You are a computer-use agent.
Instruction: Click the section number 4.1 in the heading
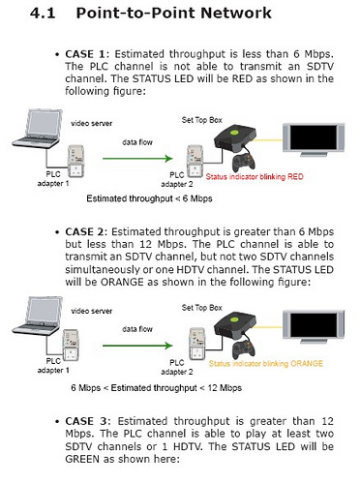pos(43,14)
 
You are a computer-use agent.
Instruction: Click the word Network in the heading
pos(236,14)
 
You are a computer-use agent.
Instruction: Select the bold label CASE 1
pos(85,54)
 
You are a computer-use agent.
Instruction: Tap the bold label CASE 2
pos(84,232)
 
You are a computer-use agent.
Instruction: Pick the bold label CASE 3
pos(85,421)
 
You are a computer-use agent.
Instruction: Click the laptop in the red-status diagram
pos(37,129)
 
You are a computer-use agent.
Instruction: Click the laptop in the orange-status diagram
pos(37,316)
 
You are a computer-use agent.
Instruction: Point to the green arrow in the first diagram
pos(137,159)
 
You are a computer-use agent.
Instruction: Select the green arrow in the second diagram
pos(137,346)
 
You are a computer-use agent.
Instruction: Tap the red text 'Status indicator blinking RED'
pos(255,177)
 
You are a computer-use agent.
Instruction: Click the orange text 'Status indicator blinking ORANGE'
pos(266,364)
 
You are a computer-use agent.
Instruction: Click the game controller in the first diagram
pos(244,163)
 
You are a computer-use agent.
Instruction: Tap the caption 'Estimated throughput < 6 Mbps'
pos(149,198)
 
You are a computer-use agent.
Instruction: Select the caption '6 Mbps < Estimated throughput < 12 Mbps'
pos(156,388)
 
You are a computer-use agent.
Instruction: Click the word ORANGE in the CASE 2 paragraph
pos(122,282)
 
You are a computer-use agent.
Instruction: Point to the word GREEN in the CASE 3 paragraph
pos(82,459)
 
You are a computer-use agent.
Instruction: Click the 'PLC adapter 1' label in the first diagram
pos(53,179)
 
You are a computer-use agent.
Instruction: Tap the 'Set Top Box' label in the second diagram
pos(202,308)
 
